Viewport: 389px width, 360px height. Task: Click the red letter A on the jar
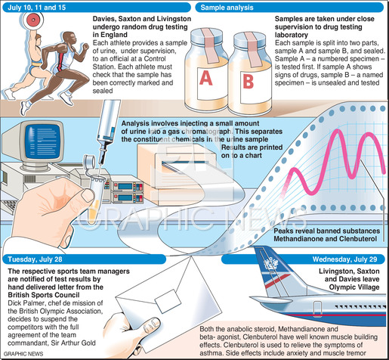click(206, 78)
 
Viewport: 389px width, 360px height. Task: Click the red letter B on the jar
click(249, 82)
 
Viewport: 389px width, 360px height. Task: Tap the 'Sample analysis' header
click(227, 8)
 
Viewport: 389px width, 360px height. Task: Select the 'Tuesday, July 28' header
click(35, 259)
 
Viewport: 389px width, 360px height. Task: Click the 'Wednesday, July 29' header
click(344, 259)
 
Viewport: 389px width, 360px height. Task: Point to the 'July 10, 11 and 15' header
click(37, 8)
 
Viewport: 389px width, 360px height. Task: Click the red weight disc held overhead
click(32, 19)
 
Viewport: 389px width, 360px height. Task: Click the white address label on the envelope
click(168, 301)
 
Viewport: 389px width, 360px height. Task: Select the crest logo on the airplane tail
click(271, 264)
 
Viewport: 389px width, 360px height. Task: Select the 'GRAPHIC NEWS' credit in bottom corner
click(23, 354)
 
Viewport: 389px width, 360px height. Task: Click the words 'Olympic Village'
click(354, 287)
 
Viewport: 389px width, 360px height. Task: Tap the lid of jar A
click(207, 36)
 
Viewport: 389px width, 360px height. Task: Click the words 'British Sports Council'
click(44, 295)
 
